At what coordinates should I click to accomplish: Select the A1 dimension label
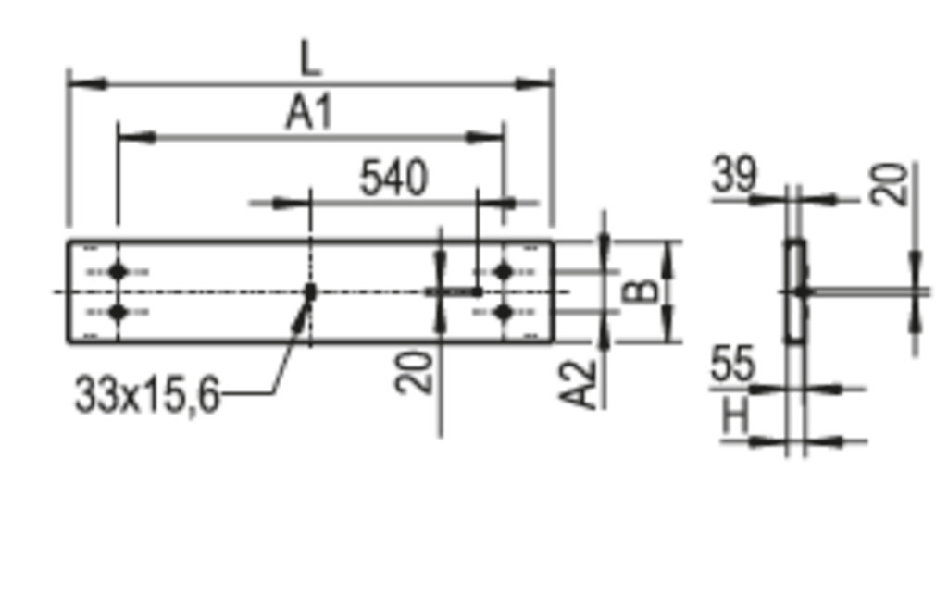click(x=309, y=113)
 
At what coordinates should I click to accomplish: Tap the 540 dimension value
click(x=393, y=178)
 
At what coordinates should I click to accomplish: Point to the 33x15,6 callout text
click(x=147, y=396)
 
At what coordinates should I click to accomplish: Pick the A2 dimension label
click(x=578, y=384)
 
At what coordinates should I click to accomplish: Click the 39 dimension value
click(x=734, y=174)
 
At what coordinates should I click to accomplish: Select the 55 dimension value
click(x=733, y=364)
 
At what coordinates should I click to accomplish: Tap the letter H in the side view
click(x=735, y=415)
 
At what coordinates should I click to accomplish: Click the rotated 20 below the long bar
click(x=415, y=373)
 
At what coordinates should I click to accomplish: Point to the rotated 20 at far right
click(x=889, y=184)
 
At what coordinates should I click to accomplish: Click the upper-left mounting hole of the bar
click(x=118, y=272)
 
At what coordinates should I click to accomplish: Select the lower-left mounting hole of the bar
click(x=118, y=312)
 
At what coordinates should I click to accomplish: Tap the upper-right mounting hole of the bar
click(x=503, y=272)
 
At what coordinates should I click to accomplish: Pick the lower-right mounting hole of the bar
click(x=503, y=312)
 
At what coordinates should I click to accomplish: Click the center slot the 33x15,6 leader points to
click(x=311, y=291)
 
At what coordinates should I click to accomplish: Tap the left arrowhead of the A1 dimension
click(x=137, y=138)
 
